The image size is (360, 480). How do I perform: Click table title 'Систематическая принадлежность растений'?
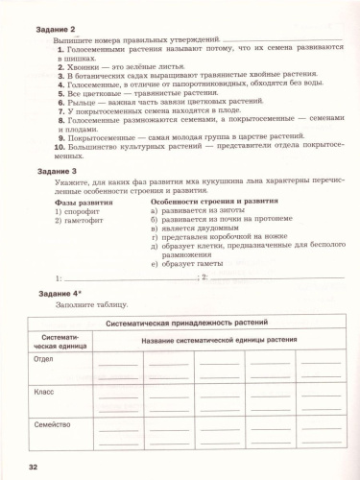point(186,324)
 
